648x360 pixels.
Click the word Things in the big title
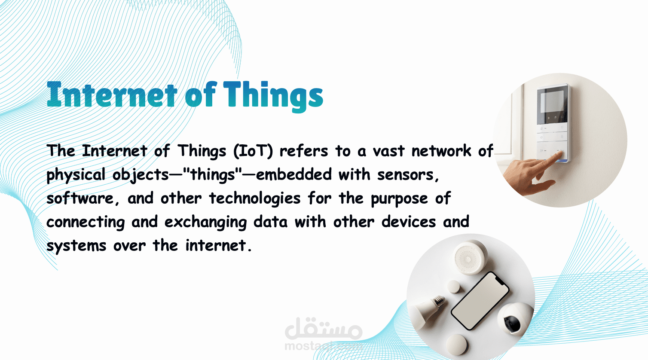click(273, 96)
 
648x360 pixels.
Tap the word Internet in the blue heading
click(112, 95)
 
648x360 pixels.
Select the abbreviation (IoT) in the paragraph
click(253, 151)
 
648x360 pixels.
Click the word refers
click(304, 151)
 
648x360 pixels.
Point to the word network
click(441, 151)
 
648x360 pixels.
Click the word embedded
click(293, 175)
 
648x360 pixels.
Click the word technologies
click(255, 199)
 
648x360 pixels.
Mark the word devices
click(409, 222)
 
